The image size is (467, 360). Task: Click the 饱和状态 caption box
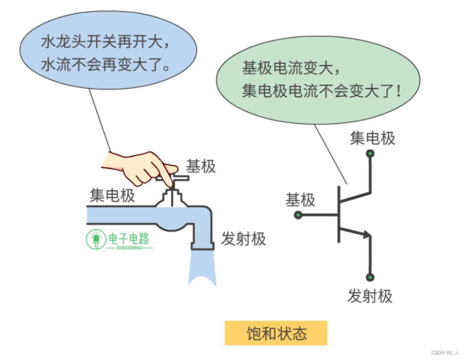click(x=276, y=333)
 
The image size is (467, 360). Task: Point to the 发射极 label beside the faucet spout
click(x=243, y=239)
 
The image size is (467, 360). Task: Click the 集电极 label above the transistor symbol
click(x=372, y=138)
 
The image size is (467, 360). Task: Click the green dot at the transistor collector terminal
click(x=370, y=153)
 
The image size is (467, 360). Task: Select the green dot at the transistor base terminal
click(x=298, y=215)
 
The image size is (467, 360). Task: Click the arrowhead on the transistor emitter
click(x=365, y=234)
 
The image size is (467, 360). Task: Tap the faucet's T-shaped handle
click(x=172, y=179)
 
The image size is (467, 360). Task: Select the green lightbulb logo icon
click(x=95, y=239)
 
